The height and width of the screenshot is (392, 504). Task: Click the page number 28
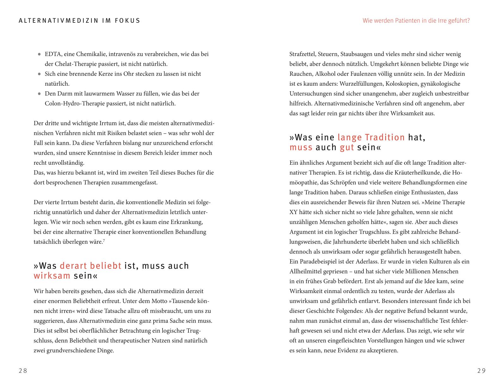click(23, 371)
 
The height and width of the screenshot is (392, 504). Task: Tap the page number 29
click(481, 371)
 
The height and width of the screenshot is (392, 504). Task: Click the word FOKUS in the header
click(127, 21)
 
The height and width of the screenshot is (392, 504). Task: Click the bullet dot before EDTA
click(39, 54)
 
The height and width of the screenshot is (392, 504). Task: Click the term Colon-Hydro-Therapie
click(72, 103)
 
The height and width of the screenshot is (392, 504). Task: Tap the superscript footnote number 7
click(104, 241)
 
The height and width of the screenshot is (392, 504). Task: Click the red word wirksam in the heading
click(52, 276)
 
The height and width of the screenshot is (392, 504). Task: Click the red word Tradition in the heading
click(385, 137)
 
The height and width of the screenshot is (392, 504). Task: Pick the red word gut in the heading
click(347, 147)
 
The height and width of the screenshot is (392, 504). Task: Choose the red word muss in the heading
click(301, 147)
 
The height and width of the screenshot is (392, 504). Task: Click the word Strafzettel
click(302, 54)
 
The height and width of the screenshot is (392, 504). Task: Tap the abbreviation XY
click(293, 212)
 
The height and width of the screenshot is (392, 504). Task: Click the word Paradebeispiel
click(319, 261)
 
